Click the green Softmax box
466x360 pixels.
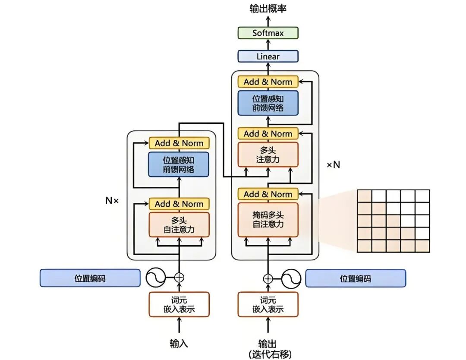click(268, 33)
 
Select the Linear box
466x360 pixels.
click(268, 56)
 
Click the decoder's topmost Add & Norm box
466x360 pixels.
click(268, 82)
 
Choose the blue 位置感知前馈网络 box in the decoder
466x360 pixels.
click(268, 103)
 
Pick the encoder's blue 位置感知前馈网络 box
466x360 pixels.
click(179, 164)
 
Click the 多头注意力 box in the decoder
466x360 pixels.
click(268, 155)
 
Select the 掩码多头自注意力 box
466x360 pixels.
click(268, 219)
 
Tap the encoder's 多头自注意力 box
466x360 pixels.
click(179, 224)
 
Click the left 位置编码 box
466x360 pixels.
click(90, 278)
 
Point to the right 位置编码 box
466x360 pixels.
click(355, 278)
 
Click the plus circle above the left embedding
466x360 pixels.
click(179, 278)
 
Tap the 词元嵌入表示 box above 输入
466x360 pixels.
click(179, 304)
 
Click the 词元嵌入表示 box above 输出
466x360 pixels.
click(268, 304)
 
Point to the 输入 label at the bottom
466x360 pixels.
click(179, 344)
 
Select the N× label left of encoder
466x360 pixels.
click(112, 200)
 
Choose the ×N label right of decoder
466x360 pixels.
click(333, 164)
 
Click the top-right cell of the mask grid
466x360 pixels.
click(422, 196)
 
